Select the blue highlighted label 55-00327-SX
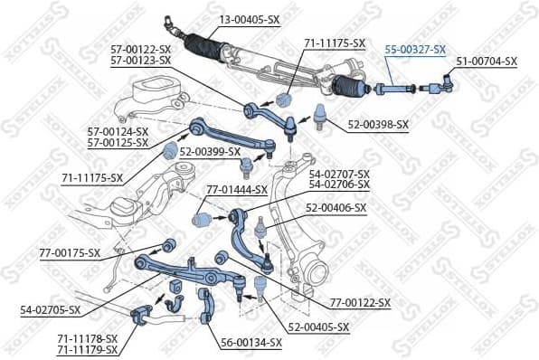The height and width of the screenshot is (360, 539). coord(415,49)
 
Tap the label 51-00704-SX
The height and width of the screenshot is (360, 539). coord(487,62)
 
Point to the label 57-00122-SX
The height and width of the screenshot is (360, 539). coord(140,50)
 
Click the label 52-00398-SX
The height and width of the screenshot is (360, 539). coord(378,124)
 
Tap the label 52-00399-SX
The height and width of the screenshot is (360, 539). coord(210,151)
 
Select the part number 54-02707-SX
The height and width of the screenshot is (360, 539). coord(339,174)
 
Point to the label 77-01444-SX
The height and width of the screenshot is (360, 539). coord(237,190)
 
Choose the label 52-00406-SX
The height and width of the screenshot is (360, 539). coord(336,207)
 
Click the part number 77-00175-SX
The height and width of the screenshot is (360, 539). coord(70,252)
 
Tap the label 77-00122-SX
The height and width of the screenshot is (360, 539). coord(360,302)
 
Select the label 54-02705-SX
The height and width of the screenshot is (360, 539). coord(51,309)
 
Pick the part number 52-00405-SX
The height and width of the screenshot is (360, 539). coord(318,327)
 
